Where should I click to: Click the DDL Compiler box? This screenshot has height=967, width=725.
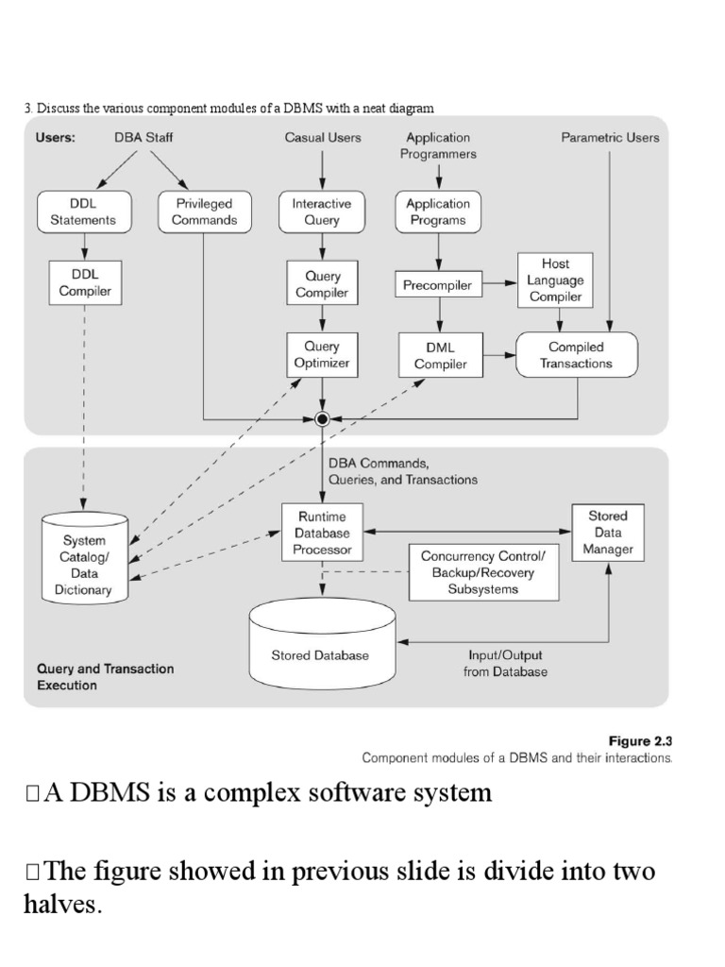tap(86, 281)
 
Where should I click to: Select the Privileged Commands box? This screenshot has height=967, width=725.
tap(204, 212)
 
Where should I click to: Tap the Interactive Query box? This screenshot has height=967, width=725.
tap(322, 212)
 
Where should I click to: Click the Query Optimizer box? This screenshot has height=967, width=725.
tap(322, 354)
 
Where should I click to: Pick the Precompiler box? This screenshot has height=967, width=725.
tap(437, 285)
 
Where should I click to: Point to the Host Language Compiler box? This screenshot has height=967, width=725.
tap(555, 280)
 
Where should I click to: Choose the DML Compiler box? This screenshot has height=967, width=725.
tap(440, 355)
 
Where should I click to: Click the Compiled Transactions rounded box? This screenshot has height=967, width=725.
tap(578, 355)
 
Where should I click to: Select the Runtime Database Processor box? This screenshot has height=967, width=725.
tap(322, 533)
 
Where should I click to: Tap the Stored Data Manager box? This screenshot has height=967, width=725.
tap(608, 533)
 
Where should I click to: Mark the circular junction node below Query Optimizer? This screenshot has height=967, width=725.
tap(322, 417)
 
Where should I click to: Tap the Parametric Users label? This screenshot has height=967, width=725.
tap(610, 137)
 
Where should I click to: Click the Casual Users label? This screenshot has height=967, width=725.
tap(323, 137)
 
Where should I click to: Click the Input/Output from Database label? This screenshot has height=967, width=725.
tap(506, 663)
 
